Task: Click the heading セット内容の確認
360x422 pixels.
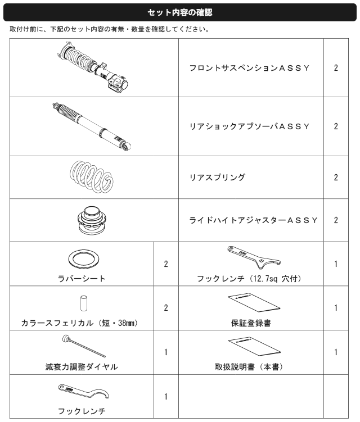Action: (180, 12)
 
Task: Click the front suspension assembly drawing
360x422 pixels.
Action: (94, 67)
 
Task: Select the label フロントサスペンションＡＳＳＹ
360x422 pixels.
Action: (249, 68)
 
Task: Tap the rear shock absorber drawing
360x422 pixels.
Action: (92, 126)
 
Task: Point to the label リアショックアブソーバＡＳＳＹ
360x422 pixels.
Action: (249, 126)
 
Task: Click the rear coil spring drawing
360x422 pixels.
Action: (92, 177)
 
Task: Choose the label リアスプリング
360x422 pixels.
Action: (217, 177)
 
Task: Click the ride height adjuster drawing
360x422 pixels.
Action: (92, 220)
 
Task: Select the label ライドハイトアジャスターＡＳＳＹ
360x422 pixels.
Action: (253, 220)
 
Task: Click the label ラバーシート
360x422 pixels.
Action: (82, 278)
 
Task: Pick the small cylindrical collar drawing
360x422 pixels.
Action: (84, 303)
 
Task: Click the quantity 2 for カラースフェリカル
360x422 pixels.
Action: (166, 307)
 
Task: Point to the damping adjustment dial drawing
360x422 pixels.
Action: (84, 346)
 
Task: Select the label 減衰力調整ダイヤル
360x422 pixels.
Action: (82, 367)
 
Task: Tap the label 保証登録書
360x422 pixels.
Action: (251, 323)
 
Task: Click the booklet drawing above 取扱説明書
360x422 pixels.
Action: (254, 346)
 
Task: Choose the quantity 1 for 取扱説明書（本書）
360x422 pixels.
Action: (336, 352)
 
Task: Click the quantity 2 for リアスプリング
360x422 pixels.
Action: (336, 178)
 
